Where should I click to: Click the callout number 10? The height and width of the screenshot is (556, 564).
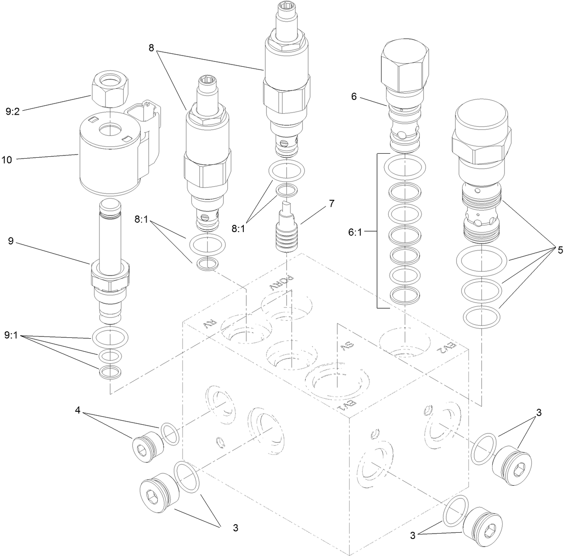tap(7, 159)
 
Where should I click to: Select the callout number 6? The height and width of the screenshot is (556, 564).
tap(354, 96)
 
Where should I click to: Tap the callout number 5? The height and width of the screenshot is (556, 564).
tap(560, 250)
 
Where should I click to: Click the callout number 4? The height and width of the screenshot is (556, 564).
tap(78, 410)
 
